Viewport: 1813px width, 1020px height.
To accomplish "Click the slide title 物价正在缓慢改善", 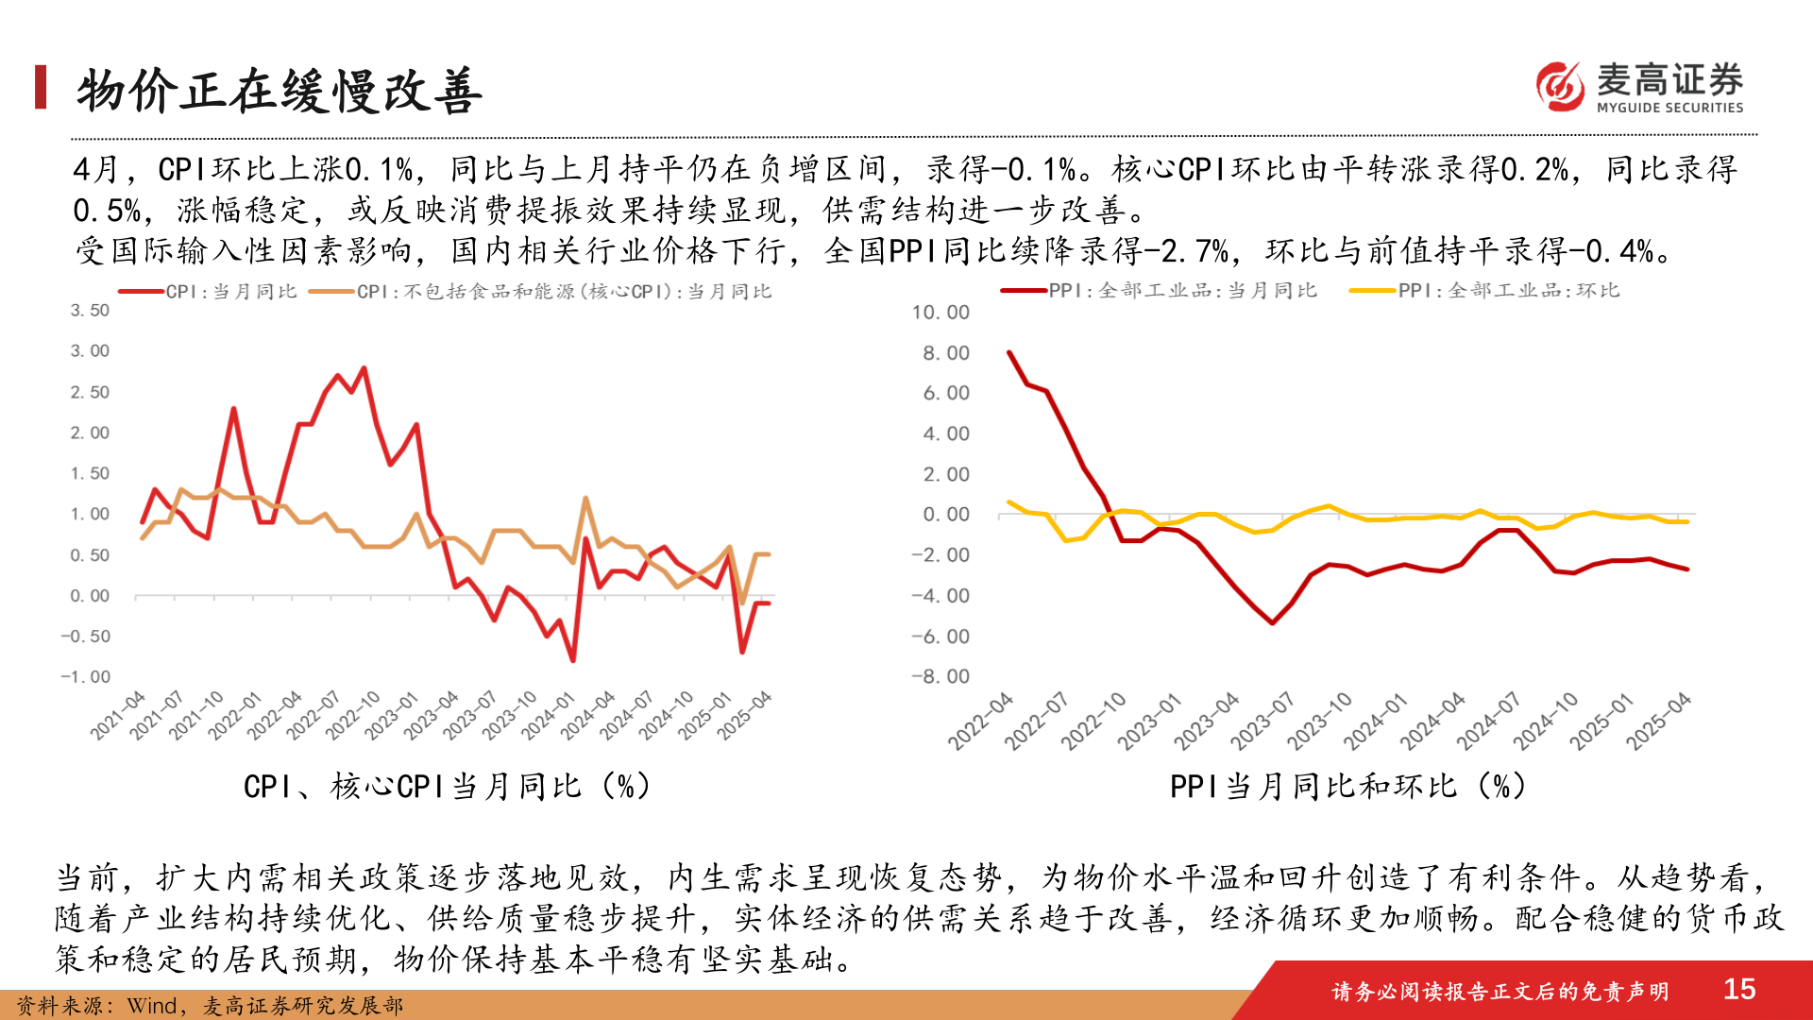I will (x=280, y=91).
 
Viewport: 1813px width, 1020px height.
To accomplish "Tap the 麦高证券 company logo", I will (x=1639, y=87).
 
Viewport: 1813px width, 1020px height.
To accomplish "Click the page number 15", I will (x=1738, y=989).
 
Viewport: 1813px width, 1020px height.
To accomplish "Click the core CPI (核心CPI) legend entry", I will (x=563, y=292).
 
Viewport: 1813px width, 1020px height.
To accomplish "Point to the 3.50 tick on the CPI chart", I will (x=90, y=310).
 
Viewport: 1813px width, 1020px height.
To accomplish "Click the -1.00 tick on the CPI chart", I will (x=86, y=676).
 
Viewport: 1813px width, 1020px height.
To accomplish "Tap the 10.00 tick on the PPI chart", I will (x=940, y=313).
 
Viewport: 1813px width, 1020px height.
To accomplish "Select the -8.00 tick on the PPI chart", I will (x=940, y=676).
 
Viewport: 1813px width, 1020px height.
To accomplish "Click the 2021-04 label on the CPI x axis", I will (x=118, y=715).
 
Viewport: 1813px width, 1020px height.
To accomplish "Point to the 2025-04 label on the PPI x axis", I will (x=1659, y=721).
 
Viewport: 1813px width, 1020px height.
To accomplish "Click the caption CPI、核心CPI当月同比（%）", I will (x=447, y=786).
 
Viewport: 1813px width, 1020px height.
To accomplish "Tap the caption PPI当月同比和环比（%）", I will (x=1347, y=786).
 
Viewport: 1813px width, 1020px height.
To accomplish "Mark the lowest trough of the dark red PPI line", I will (x=1272, y=622).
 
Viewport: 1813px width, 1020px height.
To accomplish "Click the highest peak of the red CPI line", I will (x=364, y=368).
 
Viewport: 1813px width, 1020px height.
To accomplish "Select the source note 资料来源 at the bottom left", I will (x=210, y=1006).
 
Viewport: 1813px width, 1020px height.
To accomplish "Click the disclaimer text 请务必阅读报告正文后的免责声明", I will (x=1500, y=991).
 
